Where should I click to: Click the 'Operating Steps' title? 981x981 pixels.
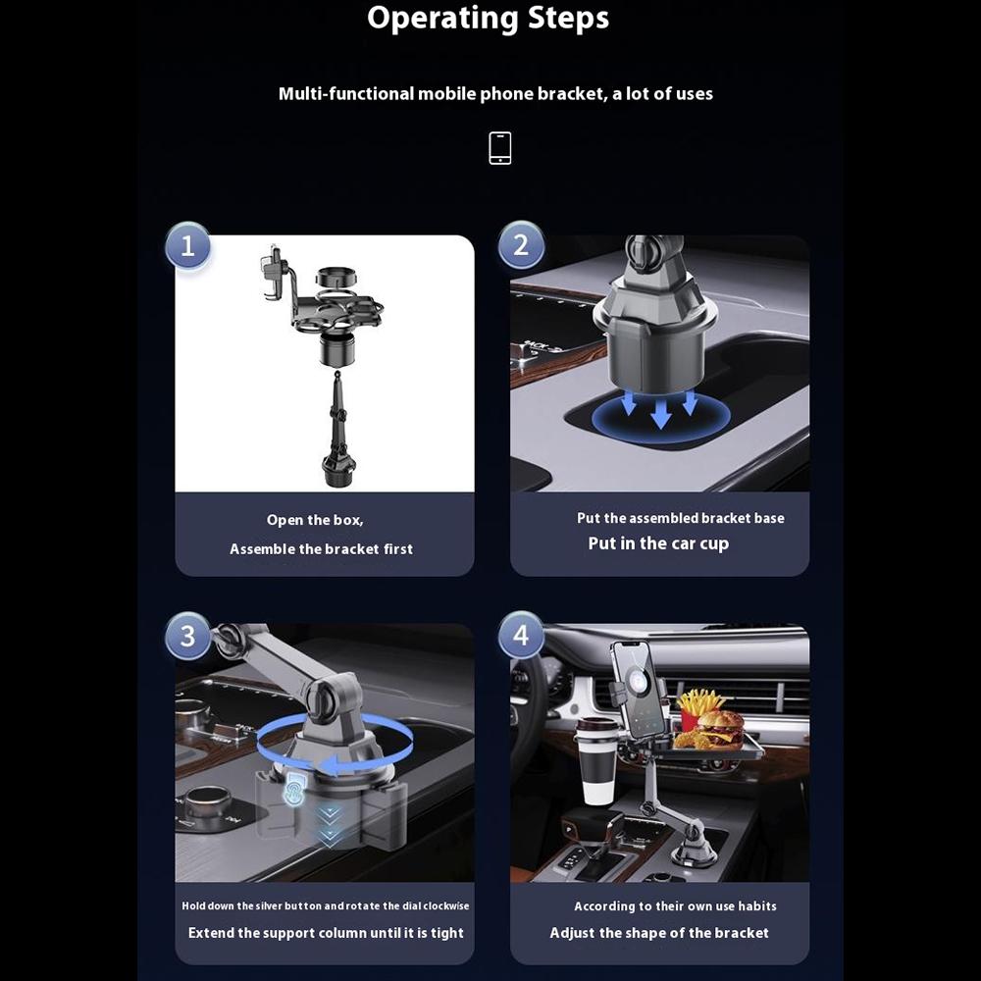[x=488, y=19]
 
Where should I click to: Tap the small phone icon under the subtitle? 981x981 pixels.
[x=500, y=148]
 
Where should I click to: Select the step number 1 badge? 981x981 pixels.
[x=188, y=245]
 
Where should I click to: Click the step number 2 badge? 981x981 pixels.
[x=521, y=245]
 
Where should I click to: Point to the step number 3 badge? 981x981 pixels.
[x=188, y=639]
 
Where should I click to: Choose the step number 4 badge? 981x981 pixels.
[x=521, y=637]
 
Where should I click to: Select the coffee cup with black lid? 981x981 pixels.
[x=597, y=759]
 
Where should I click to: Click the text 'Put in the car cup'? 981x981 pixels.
[x=658, y=543]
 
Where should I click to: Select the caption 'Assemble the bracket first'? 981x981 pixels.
[x=321, y=549]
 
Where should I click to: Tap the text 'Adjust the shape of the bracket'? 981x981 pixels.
[x=659, y=933]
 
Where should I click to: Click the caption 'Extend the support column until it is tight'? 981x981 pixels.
[x=326, y=933]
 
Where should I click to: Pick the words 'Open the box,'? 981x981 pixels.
[x=315, y=521]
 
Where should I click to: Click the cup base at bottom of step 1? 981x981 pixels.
[x=337, y=470]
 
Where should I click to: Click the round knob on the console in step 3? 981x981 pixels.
[x=207, y=806]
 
